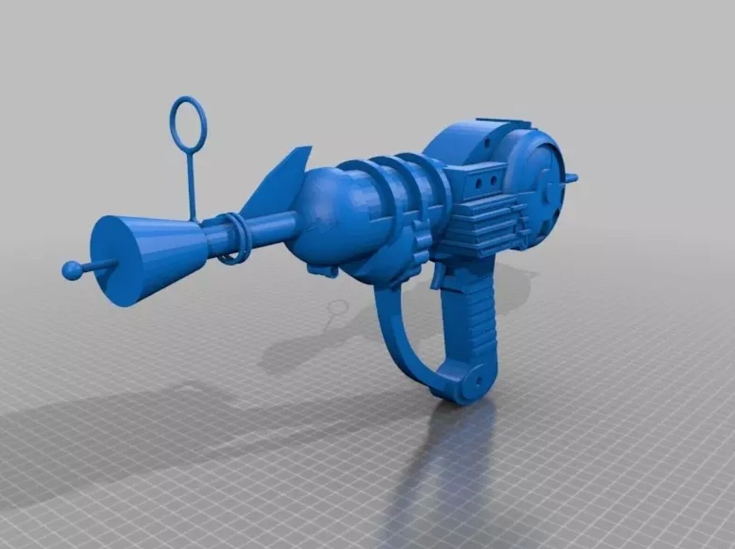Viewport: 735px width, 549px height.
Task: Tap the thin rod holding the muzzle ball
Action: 98,266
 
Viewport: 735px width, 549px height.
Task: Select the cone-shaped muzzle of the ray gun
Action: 145,256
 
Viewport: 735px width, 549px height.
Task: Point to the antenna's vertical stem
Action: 190,184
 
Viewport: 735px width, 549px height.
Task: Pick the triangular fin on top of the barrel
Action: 279,184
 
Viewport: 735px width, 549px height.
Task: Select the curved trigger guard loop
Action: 398,345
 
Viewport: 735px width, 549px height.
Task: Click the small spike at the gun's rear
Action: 571,178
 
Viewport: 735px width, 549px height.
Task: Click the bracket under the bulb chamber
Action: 322,270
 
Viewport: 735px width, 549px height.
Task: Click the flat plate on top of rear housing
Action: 501,123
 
